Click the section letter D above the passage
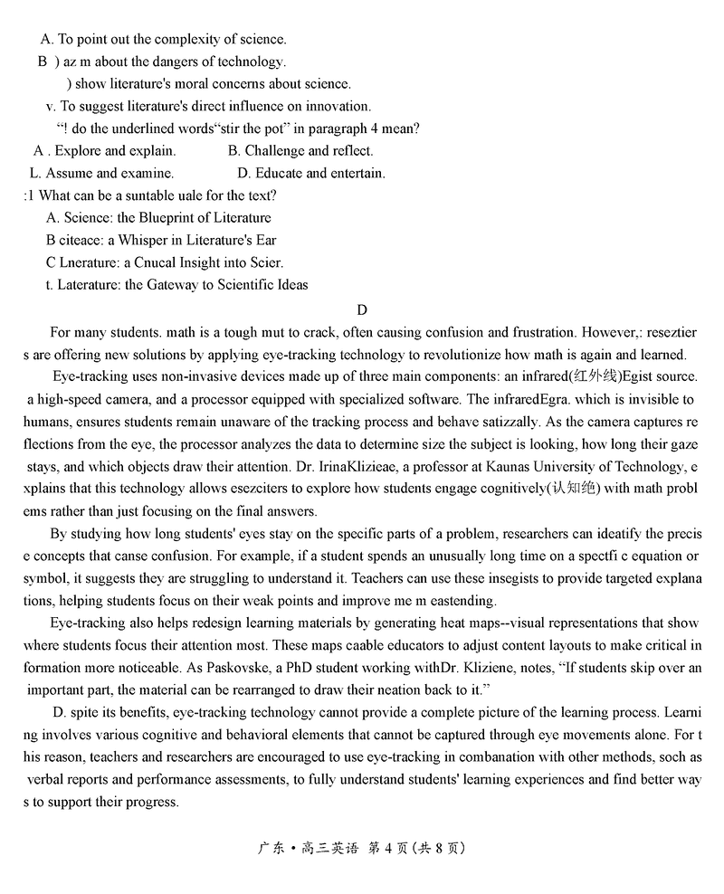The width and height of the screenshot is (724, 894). point(362,309)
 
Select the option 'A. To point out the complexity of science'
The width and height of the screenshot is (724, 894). point(163,39)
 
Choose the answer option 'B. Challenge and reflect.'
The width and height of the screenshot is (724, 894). point(300,151)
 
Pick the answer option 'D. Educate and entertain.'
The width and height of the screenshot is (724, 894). point(311,173)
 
